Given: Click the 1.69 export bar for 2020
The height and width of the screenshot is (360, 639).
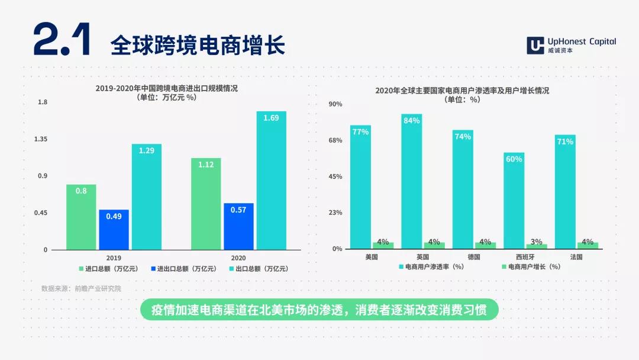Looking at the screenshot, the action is point(271,180).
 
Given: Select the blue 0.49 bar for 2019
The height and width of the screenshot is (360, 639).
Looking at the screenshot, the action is point(114,230).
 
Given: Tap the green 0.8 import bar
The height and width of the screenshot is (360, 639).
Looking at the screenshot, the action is point(81,217).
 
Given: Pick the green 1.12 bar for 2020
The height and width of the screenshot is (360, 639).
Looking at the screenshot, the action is point(206,204).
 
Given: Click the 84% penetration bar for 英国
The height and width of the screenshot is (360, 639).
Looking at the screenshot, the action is point(412,181).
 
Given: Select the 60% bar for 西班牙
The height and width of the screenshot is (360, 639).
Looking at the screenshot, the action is point(514,201).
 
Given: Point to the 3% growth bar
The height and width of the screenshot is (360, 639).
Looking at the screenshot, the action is point(536,246).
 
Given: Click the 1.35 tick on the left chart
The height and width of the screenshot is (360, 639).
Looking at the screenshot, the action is point(41,139).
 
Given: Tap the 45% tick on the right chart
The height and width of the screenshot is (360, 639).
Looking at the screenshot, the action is point(335,176).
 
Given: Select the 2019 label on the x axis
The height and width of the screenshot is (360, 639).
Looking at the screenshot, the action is point(114,258).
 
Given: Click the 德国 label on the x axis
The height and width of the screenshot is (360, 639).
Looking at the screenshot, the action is point(473,257).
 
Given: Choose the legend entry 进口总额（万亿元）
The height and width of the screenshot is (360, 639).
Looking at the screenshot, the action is point(108,269).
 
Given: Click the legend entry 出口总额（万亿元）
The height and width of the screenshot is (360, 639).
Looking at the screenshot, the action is point(259,269).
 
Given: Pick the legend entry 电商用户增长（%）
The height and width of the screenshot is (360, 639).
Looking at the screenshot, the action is point(531,266).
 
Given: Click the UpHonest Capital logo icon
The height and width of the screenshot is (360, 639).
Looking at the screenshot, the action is point(535,45).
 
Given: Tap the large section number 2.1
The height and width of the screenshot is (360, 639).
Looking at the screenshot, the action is point(62,39).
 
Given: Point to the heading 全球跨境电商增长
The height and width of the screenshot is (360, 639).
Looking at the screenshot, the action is point(198,45).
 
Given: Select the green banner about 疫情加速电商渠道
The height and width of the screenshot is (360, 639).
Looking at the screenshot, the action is point(319,310).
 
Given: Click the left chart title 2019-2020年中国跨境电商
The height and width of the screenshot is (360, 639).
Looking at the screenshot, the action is point(167,88).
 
